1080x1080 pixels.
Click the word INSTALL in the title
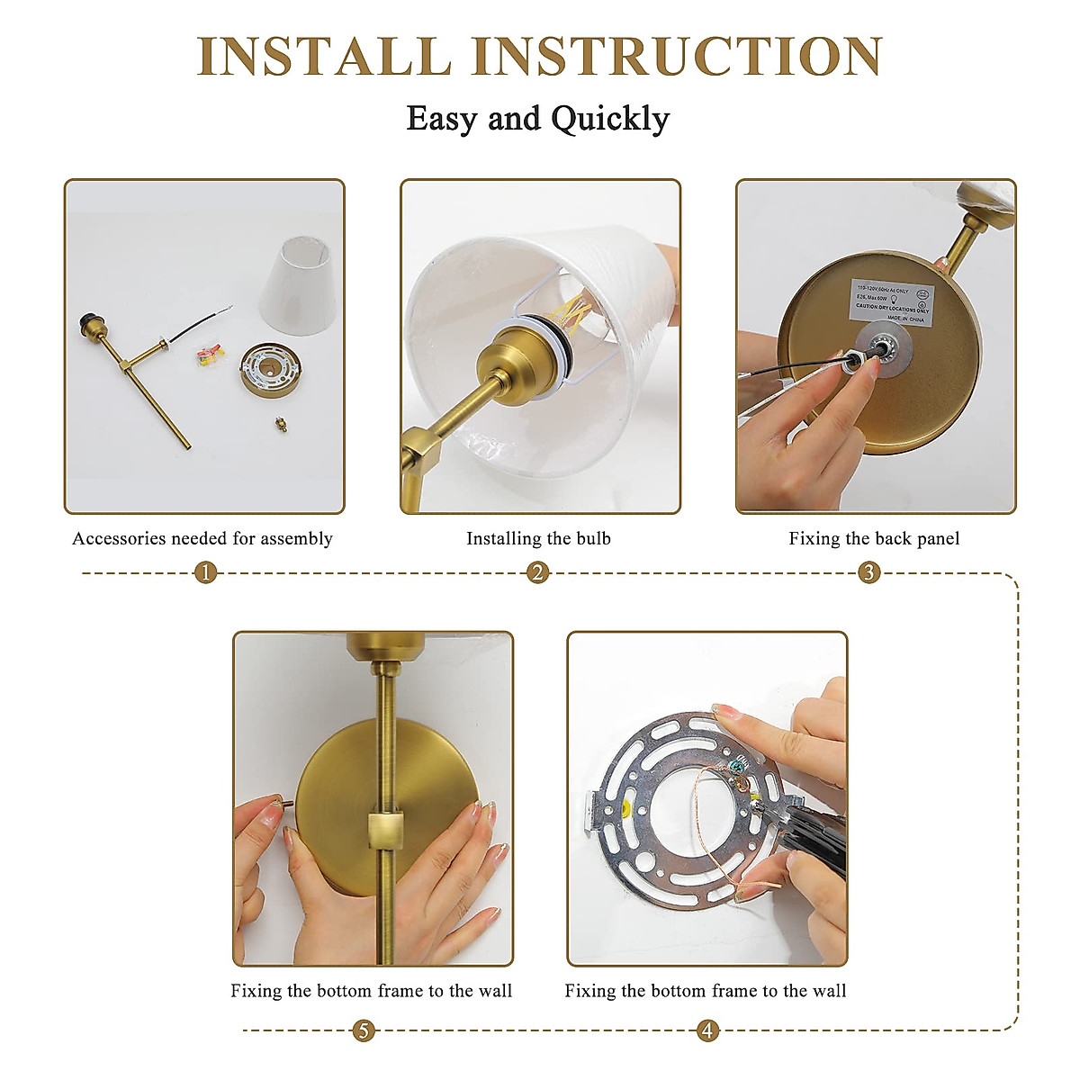pos(324,56)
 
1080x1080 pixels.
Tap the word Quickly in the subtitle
pos(610,119)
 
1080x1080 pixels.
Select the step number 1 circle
pos(206,572)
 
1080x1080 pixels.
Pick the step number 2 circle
pos(538,572)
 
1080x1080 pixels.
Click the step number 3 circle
pos(868,572)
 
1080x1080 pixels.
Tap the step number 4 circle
pos(708,1030)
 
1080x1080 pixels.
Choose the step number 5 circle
pos(364,1030)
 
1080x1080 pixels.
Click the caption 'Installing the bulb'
pos(538,538)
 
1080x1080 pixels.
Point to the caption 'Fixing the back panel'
pos(874,538)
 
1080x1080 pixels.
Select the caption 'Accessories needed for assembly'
pos(202,538)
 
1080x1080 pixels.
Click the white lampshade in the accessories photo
pos(297,283)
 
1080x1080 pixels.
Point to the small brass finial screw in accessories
pos(279,422)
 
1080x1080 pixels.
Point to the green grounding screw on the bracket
pos(738,766)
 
